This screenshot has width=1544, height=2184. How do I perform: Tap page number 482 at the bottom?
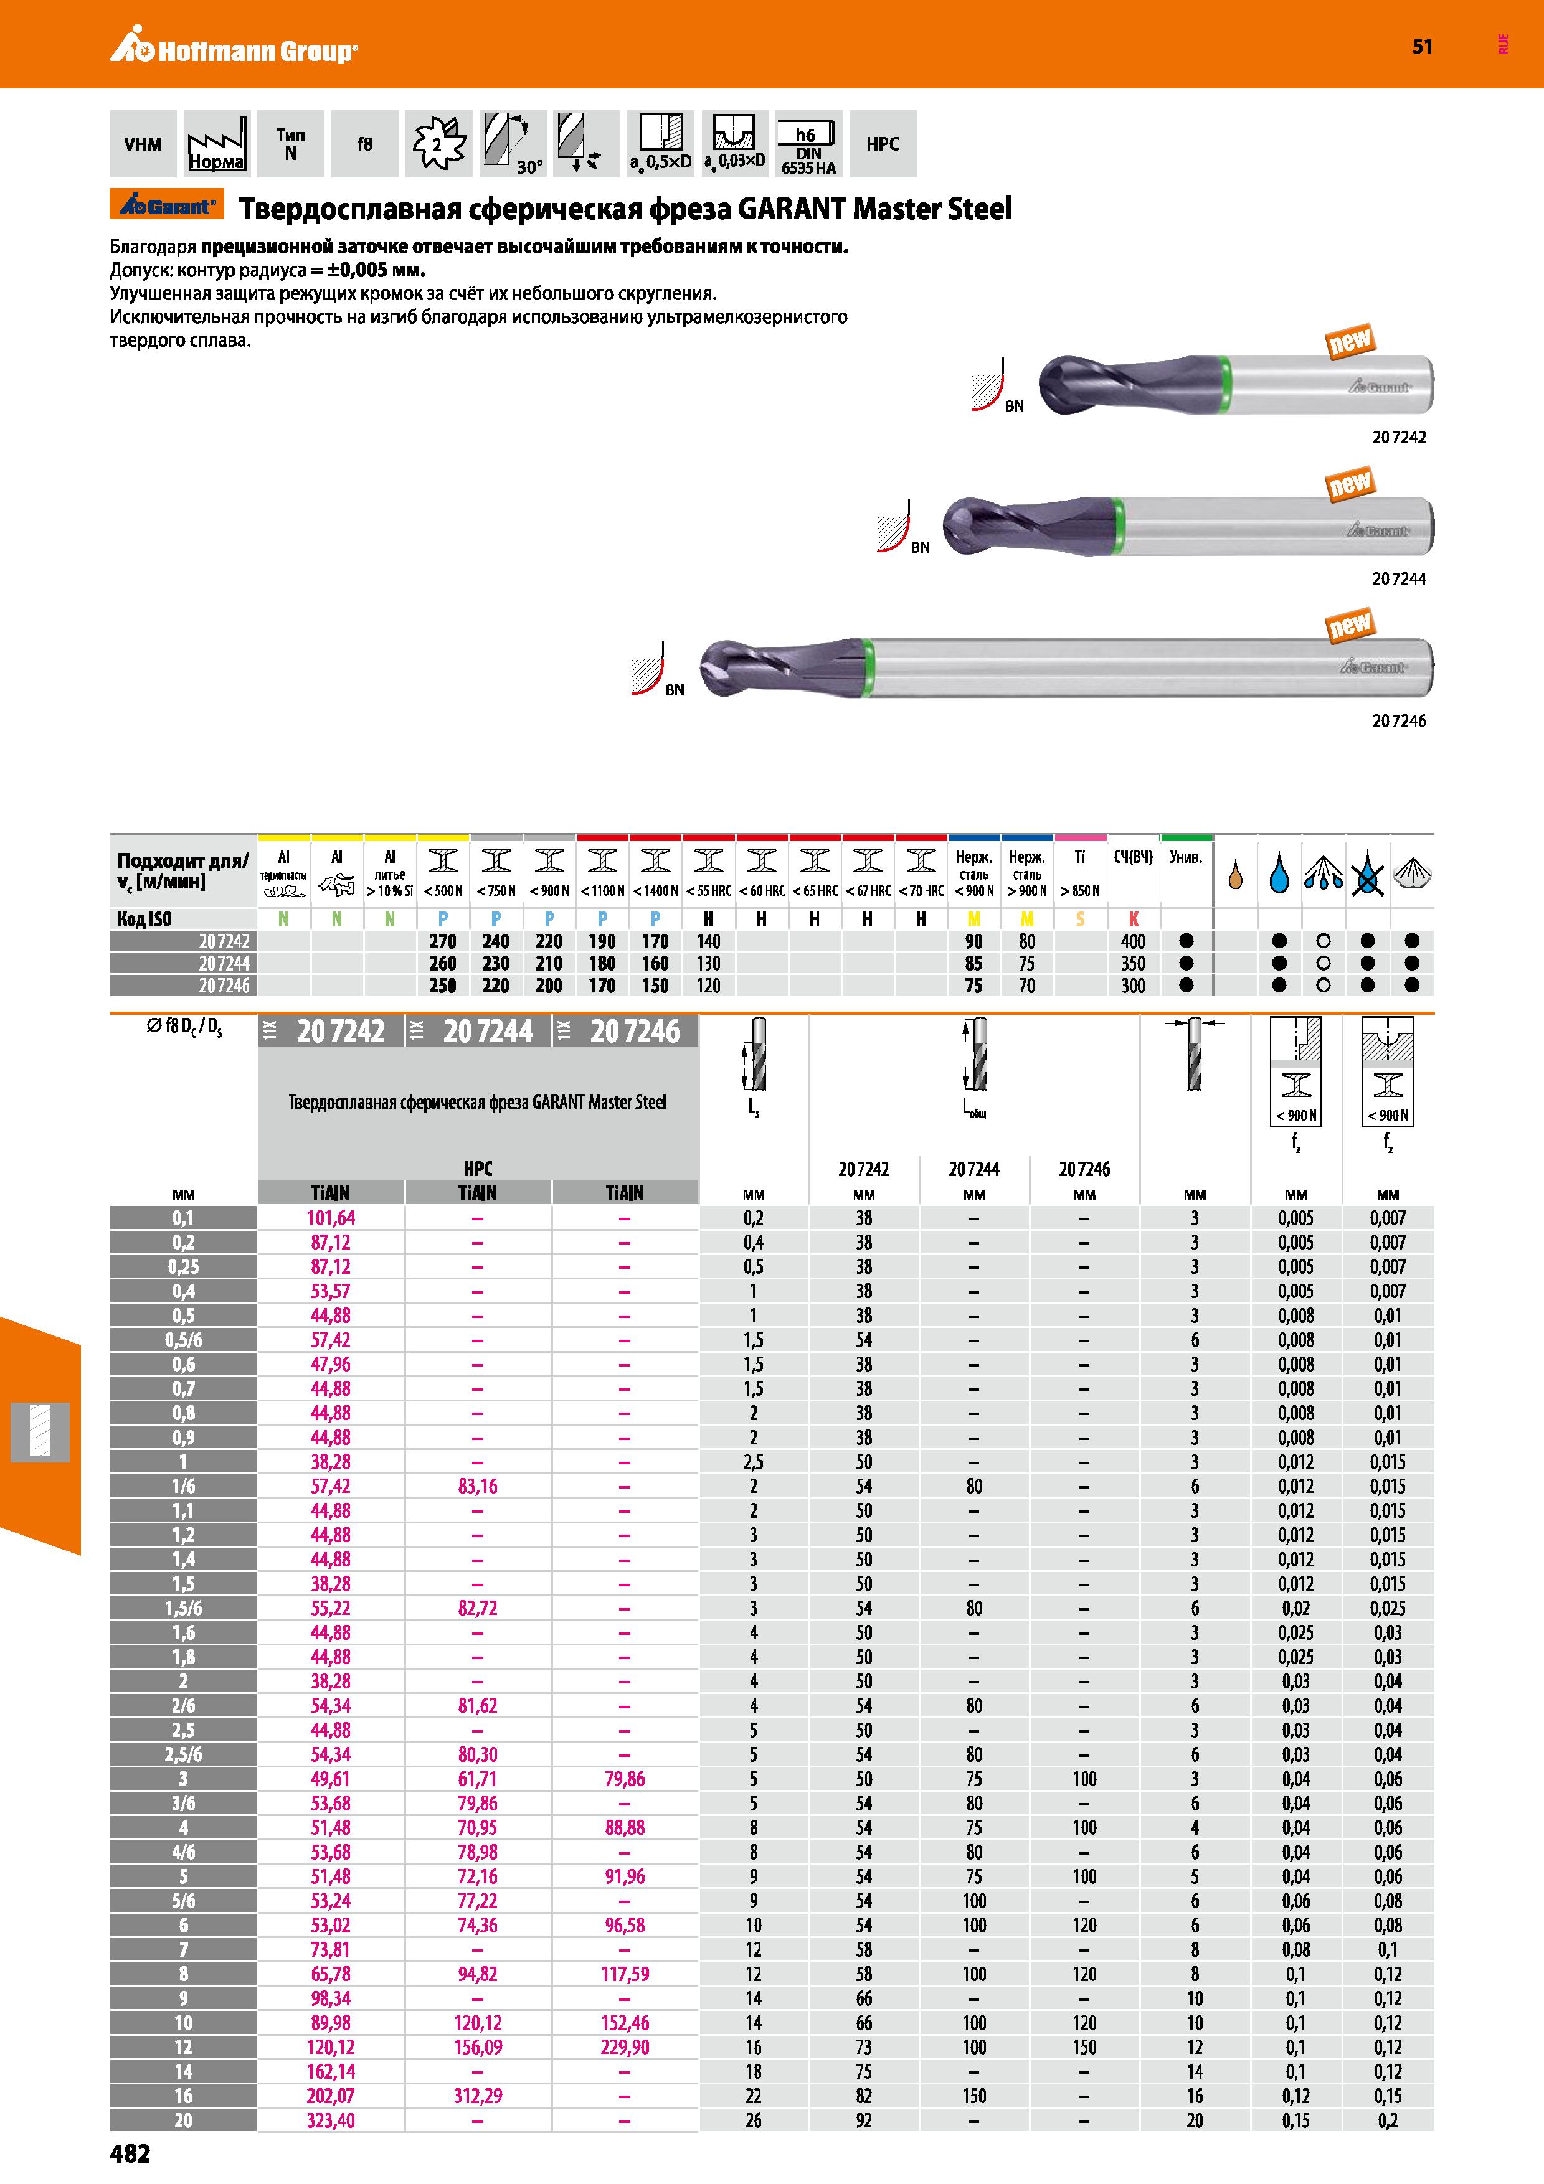(x=130, y=2153)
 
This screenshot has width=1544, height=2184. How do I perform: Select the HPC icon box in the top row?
(x=883, y=144)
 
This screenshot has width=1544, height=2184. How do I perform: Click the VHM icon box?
(x=143, y=144)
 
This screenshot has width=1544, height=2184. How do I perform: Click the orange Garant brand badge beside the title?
(x=164, y=205)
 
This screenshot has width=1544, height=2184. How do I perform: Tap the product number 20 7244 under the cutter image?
(x=1398, y=578)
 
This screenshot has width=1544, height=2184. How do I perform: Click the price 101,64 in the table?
(x=330, y=1218)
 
